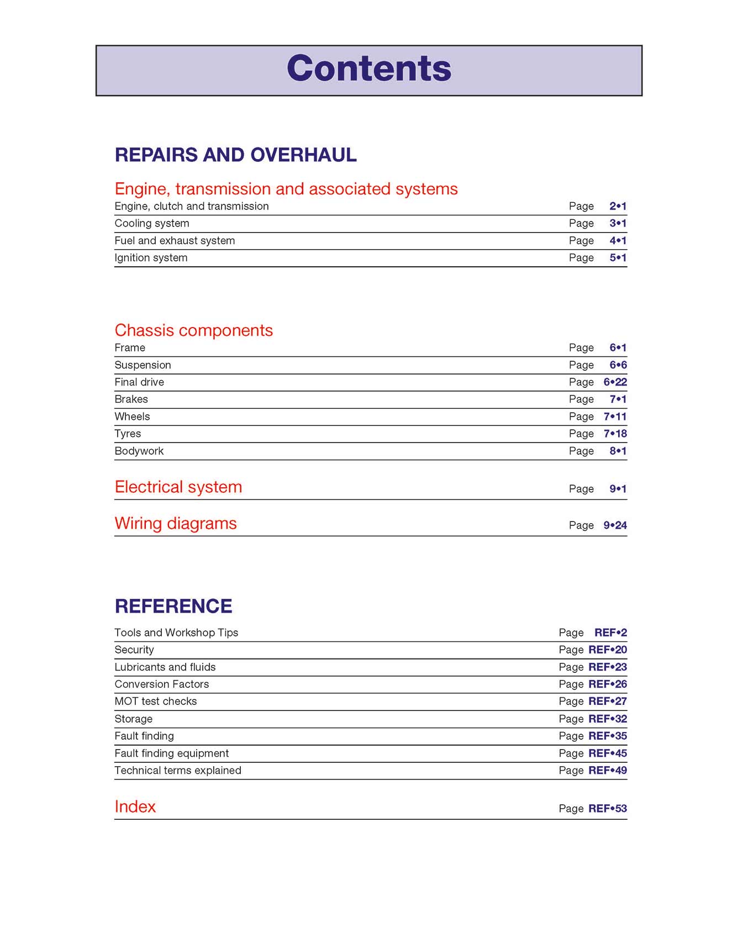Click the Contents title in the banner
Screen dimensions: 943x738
coord(369,69)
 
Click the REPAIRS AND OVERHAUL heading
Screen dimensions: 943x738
coord(235,155)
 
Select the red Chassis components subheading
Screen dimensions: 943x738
coord(193,330)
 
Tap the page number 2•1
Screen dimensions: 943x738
coord(618,206)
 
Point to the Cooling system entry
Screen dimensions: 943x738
coord(152,223)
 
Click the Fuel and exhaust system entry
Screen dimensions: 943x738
coord(175,240)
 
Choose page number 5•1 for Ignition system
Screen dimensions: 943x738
coord(618,257)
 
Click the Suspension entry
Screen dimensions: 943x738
coord(143,365)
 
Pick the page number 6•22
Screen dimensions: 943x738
coord(615,382)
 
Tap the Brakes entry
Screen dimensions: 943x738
coord(131,399)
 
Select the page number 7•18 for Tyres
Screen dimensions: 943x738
coord(615,434)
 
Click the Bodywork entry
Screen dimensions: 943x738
coord(139,451)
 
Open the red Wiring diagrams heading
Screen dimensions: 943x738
coord(176,523)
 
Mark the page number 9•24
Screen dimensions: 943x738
coord(615,525)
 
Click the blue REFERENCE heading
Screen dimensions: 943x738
coord(173,606)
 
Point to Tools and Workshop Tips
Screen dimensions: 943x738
coord(176,633)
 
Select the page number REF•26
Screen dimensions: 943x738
coord(607,684)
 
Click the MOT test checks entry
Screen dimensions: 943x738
coord(155,701)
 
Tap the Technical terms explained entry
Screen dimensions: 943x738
coord(178,770)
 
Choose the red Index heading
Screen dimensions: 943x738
coord(135,807)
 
